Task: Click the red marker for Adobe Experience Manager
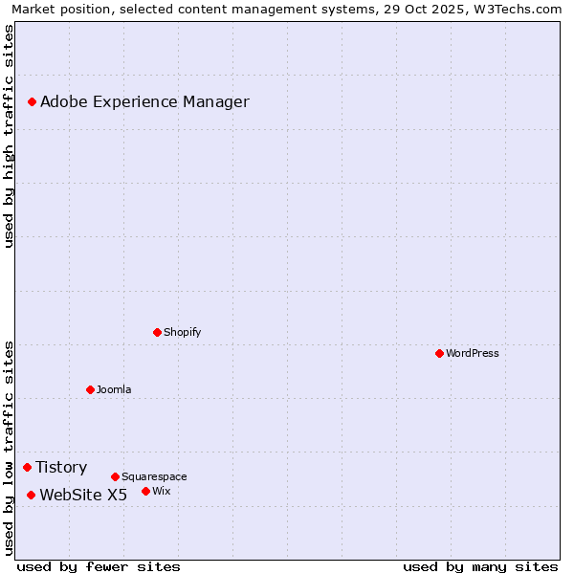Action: pos(32,101)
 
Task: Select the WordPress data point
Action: pos(439,353)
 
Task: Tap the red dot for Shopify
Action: pos(157,332)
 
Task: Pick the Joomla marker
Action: pos(90,389)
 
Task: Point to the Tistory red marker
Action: pos(27,467)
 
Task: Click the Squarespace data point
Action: pos(115,476)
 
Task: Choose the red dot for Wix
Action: pos(145,491)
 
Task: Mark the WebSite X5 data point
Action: pos(31,495)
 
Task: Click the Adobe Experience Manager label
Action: pos(144,102)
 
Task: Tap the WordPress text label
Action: pos(473,353)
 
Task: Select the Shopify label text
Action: pos(182,332)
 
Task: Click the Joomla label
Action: pos(114,389)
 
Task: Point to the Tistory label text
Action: pos(61,468)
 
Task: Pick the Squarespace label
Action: pos(154,476)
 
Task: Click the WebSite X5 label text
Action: pos(83,496)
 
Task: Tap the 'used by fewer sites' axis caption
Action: pos(99,566)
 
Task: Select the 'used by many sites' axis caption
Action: pos(480,566)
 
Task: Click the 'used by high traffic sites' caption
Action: pos(9,136)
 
